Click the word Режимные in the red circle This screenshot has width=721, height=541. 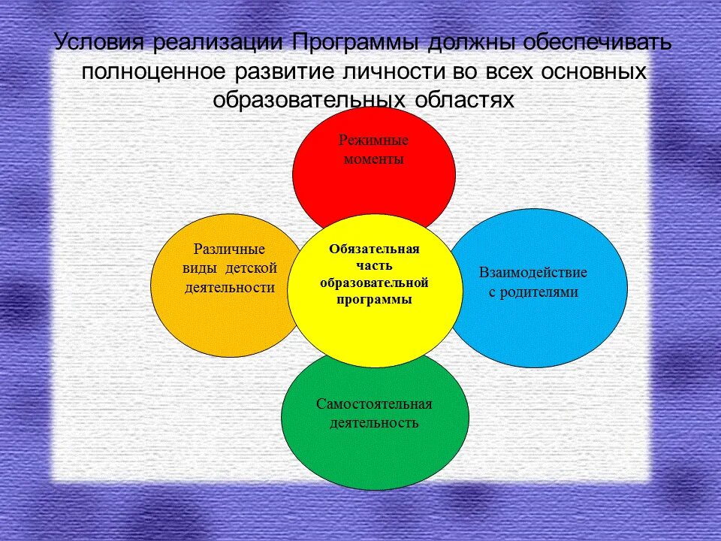[373, 140]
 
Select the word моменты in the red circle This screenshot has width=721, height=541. [373, 159]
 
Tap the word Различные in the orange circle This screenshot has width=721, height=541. [228, 249]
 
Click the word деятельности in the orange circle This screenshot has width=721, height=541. [228, 288]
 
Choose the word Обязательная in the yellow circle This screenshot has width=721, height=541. [373, 249]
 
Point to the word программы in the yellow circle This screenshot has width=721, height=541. [373, 299]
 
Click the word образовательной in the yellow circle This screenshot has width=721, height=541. [373, 283]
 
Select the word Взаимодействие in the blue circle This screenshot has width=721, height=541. [533, 272]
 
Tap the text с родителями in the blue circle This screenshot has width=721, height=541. [533, 292]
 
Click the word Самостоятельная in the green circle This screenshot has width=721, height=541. [373, 403]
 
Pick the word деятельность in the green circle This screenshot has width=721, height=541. [373, 423]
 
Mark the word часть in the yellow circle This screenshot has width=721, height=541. [373, 265]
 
